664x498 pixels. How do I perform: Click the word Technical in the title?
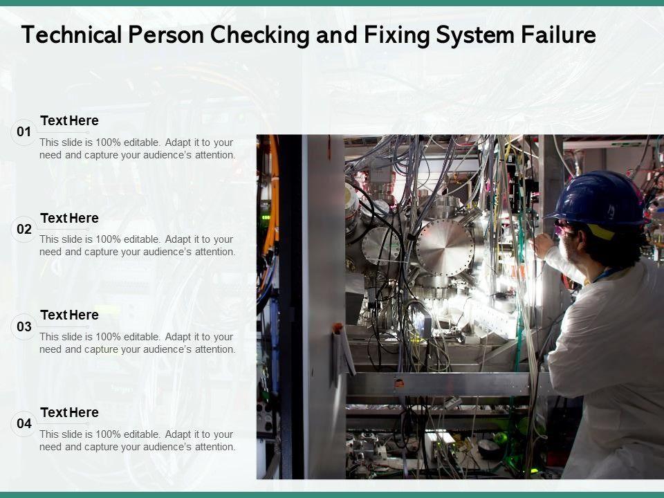(71, 35)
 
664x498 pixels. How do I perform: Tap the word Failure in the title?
(558, 35)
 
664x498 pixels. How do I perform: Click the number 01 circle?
(24, 132)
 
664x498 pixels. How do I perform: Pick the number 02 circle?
(24, 229)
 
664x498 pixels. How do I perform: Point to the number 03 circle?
(24, 326)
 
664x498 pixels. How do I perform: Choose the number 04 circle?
(24, 423)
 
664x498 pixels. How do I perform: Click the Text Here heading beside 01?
(69, 120)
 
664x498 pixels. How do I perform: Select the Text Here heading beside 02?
(69, 218)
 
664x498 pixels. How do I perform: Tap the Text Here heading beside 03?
(69, 315)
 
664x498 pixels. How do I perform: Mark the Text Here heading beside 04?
(69, 412)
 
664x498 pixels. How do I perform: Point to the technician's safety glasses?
(565, 228)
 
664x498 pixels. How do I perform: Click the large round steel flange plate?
(445, 248)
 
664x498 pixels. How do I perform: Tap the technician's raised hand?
(544, 245)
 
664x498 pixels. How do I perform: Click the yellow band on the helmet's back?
(601, 232)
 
